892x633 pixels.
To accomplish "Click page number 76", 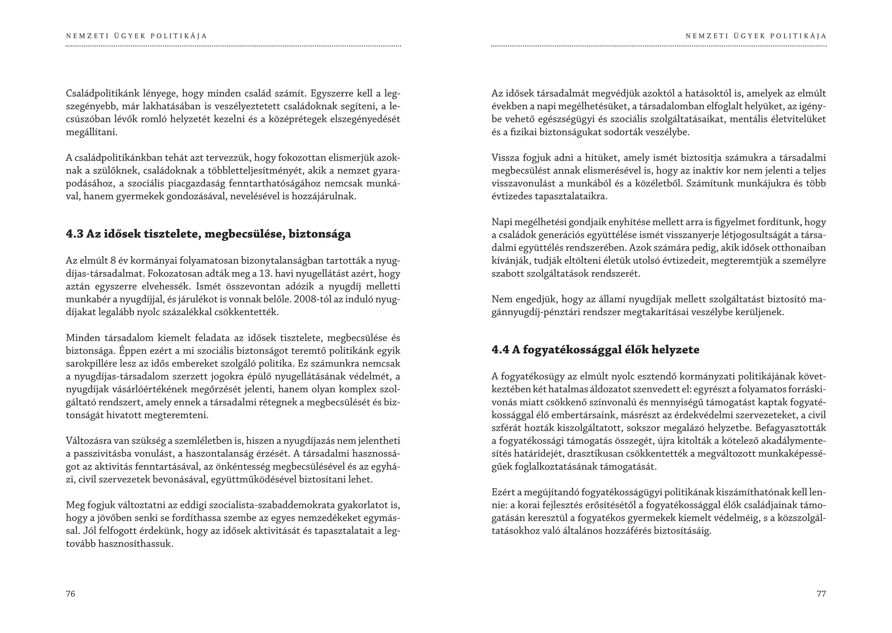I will click(71, 594).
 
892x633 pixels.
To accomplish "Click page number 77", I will click(821, 594).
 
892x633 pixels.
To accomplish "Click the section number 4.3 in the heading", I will click(74, 234).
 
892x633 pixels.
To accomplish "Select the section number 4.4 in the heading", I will click(500, 350).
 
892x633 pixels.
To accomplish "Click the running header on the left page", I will click(136, 36).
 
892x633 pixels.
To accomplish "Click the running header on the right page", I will click(756, 36).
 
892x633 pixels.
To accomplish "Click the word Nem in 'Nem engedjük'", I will click(500, 299).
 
